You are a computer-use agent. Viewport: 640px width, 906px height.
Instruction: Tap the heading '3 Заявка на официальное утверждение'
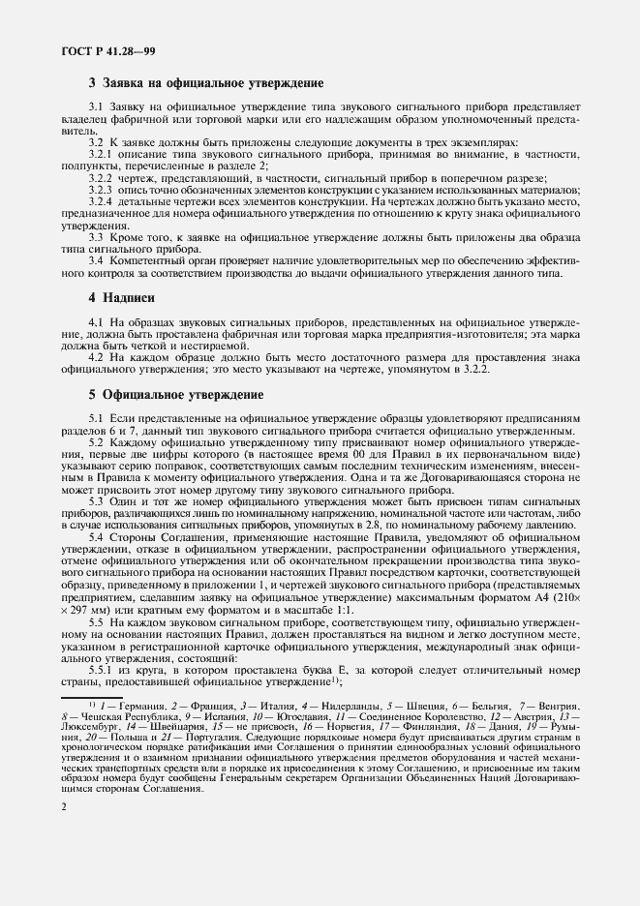[x=205, y=84]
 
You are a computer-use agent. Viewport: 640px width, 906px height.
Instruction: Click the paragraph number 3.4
[x=97, y=260]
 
